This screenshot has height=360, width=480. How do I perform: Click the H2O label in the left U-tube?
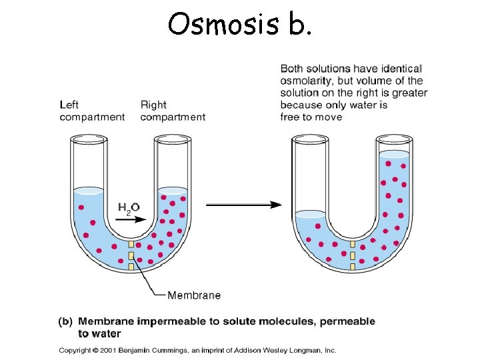point(129,208)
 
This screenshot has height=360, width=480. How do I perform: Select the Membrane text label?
point(194,295)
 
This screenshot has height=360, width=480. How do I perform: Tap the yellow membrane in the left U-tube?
point(131,256)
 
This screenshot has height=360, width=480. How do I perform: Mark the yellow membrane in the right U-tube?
point(352,256)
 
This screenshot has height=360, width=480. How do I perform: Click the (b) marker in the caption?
point(65,321)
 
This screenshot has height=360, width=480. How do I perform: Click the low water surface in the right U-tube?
point(311,214)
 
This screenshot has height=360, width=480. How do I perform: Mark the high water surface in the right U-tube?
point(394,154)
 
